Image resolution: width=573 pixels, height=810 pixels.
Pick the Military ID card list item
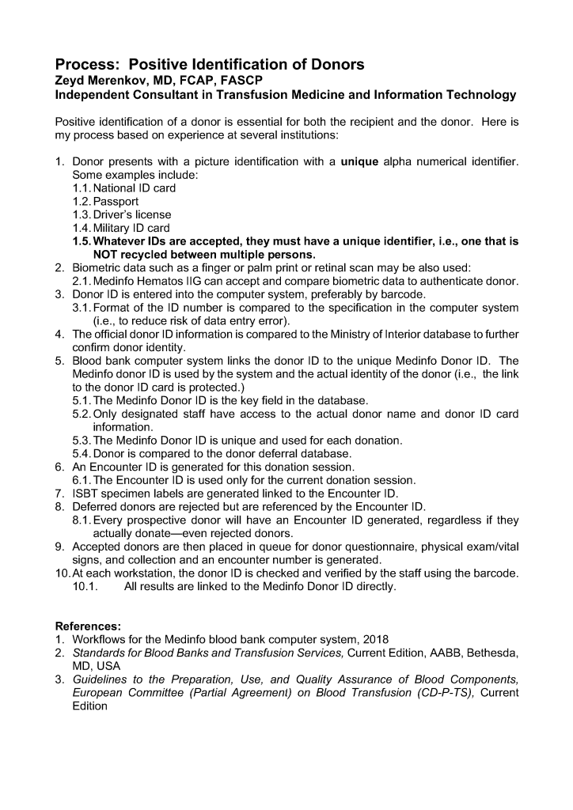click(131, 228)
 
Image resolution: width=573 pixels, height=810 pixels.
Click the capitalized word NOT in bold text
click(108, 255)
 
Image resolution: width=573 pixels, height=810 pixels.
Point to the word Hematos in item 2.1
click(163, 281)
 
